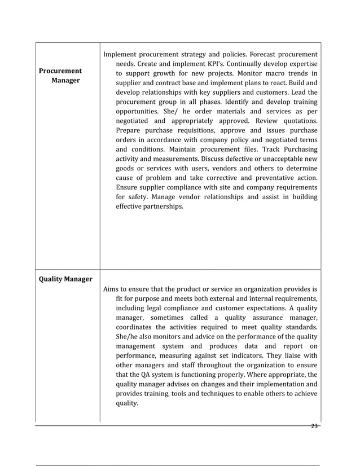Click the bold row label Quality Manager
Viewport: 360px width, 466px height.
[x=65, y=279]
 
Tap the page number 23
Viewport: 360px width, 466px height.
[x=315, y=426]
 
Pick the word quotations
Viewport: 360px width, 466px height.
[x=297, y=121]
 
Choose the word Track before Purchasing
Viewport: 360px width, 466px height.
[x=271, y=149]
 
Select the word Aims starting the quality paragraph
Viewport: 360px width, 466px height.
[x=112, y=289]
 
